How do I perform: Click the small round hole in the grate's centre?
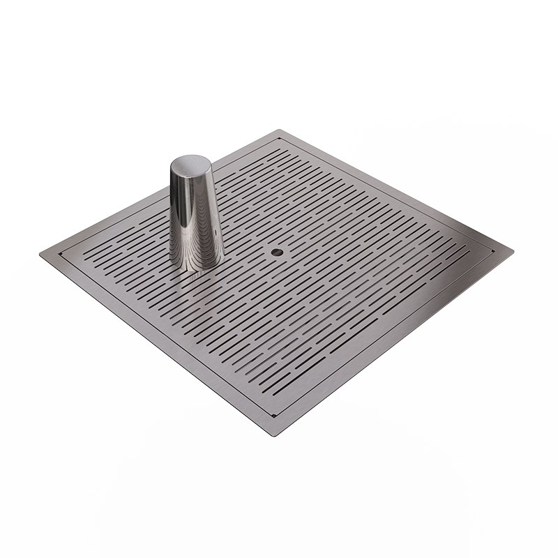(x=278, y=250)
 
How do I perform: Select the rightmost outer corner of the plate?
(x=513, y=248)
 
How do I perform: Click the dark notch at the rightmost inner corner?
(x=493, y=249)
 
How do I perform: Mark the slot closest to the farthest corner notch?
(x=278, y=151)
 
